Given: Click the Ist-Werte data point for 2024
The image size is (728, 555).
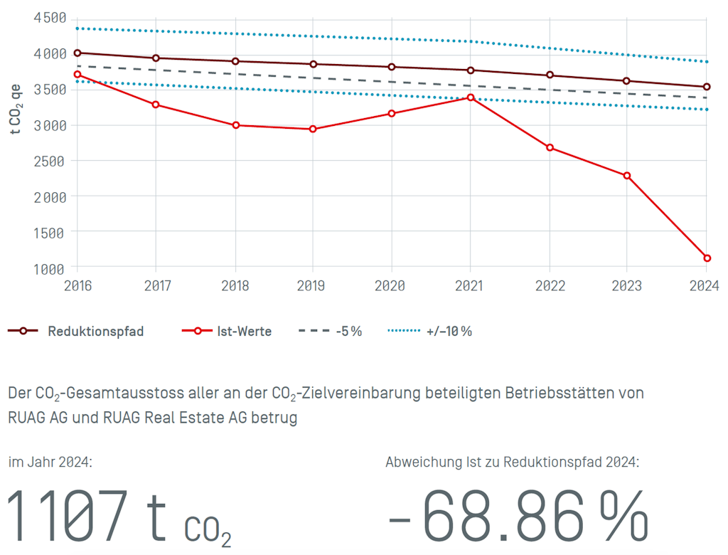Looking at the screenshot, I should (x=707, y=258).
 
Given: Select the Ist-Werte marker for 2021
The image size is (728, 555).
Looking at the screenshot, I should (x=471, y=97).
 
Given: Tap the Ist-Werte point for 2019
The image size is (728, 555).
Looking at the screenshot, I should (x=313, y=129).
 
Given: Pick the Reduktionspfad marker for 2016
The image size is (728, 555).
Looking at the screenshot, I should (x=77, y=53).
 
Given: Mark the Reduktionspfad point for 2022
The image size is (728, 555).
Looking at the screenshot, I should (x=550, y=75).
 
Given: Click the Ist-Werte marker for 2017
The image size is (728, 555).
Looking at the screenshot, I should (x=156, y=105).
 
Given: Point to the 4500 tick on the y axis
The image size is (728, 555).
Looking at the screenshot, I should (x=50, y=18).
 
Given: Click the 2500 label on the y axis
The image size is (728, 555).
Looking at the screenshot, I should (x=50, y=161).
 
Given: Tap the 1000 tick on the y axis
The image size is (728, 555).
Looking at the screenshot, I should (x=50, y=268).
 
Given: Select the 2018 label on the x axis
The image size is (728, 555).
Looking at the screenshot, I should (x=235, y=286).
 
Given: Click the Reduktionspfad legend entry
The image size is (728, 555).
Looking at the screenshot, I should (x=76, y=331).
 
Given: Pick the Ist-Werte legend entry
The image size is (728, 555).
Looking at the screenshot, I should (x=227, y=331).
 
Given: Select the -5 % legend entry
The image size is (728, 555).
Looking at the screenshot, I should (x=331, y=331).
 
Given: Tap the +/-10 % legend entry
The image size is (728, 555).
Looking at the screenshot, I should (x=430, y=331).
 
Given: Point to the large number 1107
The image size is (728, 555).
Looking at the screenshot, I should (x=68, y=516).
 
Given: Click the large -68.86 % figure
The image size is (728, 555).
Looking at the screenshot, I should (x=519, y=516).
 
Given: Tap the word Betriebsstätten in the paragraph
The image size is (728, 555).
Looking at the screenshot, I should (x=552, y=393).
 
